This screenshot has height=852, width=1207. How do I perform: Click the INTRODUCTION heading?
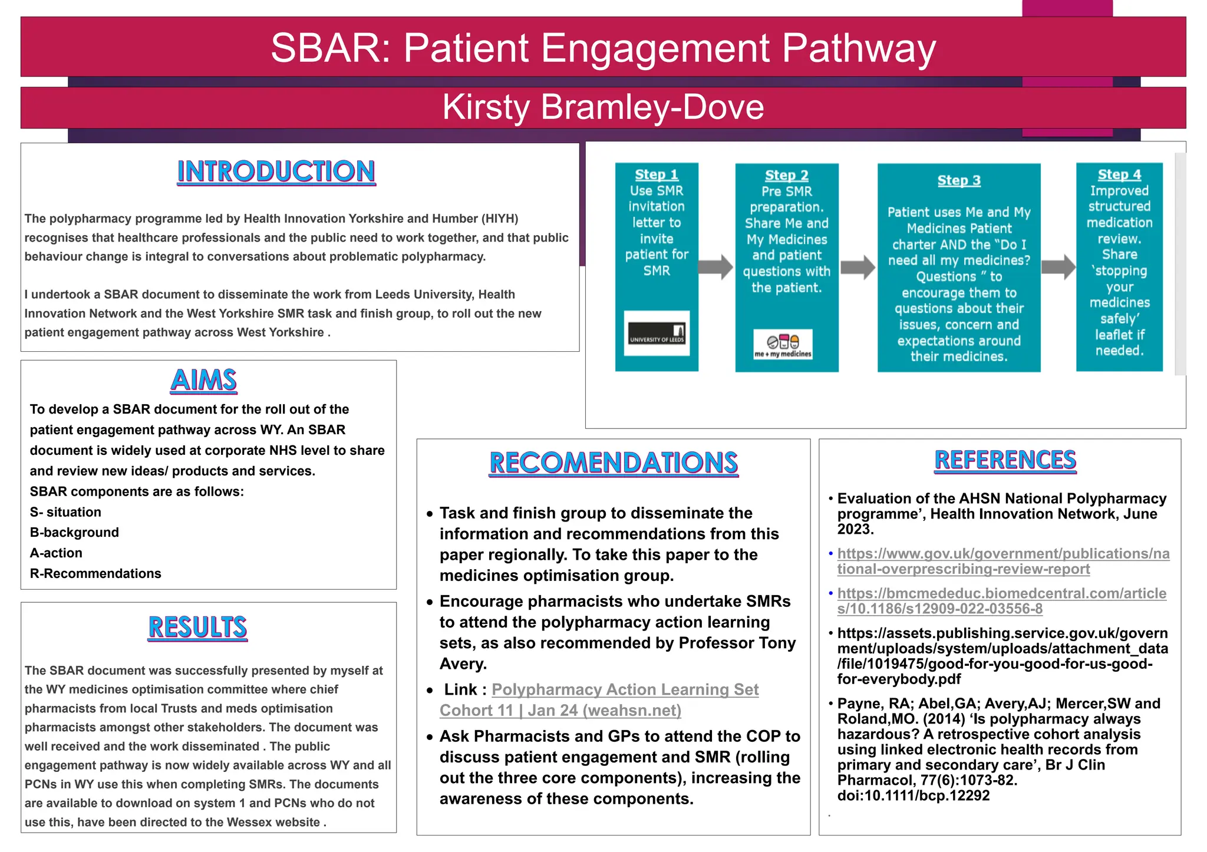276,171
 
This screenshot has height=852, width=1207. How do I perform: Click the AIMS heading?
204,380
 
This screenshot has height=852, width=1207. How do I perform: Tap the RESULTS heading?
197,627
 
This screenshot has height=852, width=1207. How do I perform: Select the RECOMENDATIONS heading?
614,463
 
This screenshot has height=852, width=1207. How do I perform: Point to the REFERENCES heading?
1005,460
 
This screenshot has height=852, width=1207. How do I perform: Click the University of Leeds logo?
657,333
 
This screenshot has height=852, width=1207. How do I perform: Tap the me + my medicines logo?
783,345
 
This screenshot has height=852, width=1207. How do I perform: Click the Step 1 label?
656,174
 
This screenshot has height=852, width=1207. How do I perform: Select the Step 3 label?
959,180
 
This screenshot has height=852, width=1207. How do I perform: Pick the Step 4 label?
1119,174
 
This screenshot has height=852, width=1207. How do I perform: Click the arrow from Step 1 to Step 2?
715,267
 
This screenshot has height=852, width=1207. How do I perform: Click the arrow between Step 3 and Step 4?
1058,267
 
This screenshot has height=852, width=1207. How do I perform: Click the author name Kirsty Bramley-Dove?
603,107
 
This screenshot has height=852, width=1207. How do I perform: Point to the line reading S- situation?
65,512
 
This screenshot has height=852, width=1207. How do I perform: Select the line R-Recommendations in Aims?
95,573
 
